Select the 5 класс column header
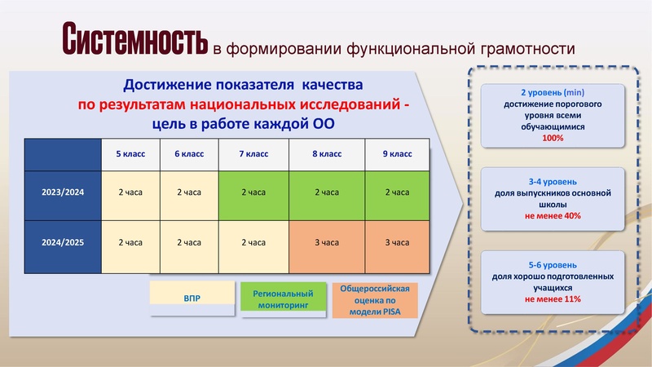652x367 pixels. [130, 153]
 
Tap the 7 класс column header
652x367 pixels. [253, 153]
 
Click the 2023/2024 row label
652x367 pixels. [64, 192]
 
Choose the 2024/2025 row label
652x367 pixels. [64, 242]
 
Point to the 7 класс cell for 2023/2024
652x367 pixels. [253, 192]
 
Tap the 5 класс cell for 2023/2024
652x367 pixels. [130, 192]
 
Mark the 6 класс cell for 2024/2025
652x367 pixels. [189, 242]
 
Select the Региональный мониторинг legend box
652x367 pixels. [283, 298]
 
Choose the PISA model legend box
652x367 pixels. [376, 299]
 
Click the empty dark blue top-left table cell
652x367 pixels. [64, 153]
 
